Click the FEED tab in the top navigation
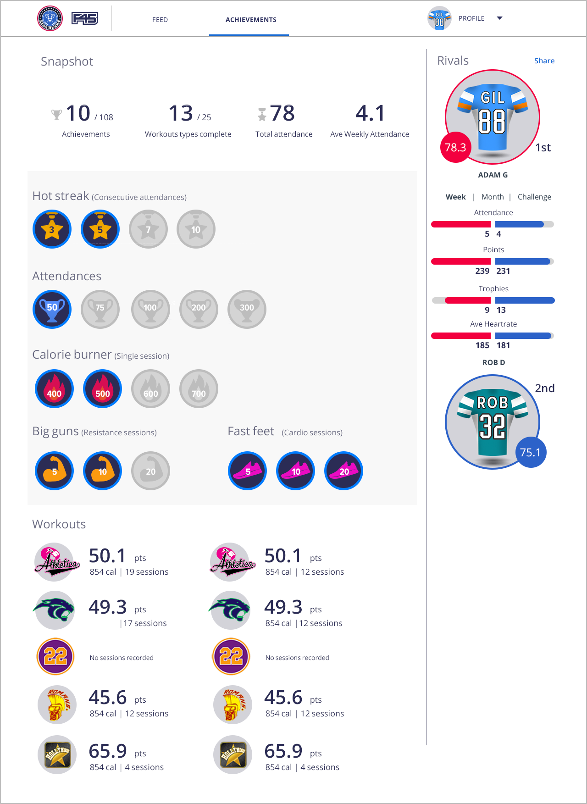pyautogui.click(x=160, y=20)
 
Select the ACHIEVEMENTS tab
pyautogui.click(x=251, y=20)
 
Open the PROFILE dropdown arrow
pyautogui.click(x=499, y=18)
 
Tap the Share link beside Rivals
pyautogui.click(x=544, y=61)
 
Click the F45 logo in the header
pyautogui.click(x=85, y=18)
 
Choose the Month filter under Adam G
pyautogui.click(x=493, y=197)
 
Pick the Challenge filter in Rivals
pyautogui.click(x=534, y=197)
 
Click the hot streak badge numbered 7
pyautogui.click(x=148, y=229)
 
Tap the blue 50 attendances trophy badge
pyautogui.click(x=52, y=309)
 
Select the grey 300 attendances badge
pyautogui.click(x=247, y=309)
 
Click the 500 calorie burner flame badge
pyautogui.click(x=102, y=389)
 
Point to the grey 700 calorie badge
pyautogui.click(x=199, y=389)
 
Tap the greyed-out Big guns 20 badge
pyautogui.click(x=150, y=471)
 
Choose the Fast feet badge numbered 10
pyautogui.click(x=296, y=471)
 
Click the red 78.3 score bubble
pyautogui.click(x=455, y=147)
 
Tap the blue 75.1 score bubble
pyautogui.click(x=531, y=452)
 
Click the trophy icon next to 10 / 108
pyautogui.click(x=56, y=114)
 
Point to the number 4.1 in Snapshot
pyautogui.click(x=370, y=113)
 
